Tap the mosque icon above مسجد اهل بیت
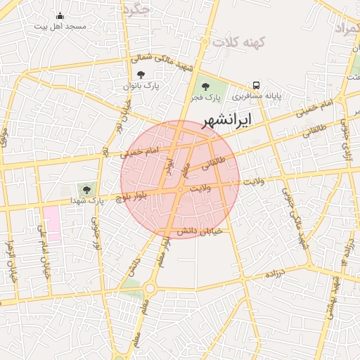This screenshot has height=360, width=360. [59, 16]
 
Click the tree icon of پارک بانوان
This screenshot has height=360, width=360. [141, 75]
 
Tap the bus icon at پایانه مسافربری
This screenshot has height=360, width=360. [256, 83]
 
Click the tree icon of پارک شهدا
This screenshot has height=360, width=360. [87, 189]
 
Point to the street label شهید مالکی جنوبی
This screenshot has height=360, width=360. [293, 215]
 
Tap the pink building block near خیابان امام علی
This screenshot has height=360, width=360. [51, 224]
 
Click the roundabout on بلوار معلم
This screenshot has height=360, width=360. [150, 287]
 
